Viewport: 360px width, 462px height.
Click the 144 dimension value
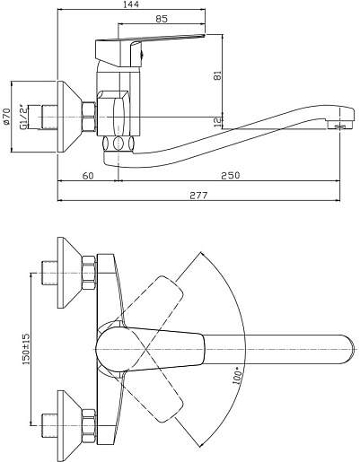[x=131, y=4]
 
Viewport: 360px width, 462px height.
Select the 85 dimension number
[x=162, y=19]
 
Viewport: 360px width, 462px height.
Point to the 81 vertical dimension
[x=218, y=75]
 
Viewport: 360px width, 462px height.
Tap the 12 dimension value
[x=218, y=121]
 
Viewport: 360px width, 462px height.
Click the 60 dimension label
[x=88, y=176]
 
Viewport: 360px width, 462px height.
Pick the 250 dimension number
[x=231, y=175]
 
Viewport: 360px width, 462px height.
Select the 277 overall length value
[x=198, y=196]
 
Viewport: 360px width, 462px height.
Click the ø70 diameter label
[x=6, y=117]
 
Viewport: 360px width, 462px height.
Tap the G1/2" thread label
[x=23, y=117]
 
